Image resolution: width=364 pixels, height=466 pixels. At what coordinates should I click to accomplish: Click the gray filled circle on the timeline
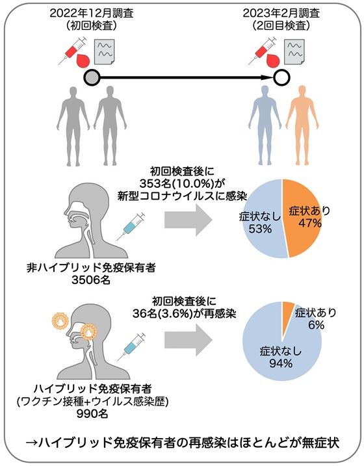coord(91,78)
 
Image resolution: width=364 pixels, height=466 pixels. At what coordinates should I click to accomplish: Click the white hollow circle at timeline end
coord(281,78)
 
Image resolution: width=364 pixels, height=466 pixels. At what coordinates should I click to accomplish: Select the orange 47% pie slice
coord(302,218)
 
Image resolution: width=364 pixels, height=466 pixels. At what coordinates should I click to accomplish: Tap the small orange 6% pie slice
coord(287,317)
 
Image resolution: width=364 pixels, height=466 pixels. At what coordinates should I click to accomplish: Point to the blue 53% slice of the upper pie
coord(261,218)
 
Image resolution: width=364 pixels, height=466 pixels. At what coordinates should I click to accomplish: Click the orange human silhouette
coord(302,125)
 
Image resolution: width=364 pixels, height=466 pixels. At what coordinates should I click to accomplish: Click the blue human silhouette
coord(265,125)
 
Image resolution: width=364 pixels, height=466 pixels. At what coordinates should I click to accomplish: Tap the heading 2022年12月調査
coord(92,13)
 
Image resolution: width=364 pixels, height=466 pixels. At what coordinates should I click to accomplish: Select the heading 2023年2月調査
coord(281,13)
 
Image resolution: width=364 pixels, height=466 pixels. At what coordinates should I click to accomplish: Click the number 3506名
coord(90,280)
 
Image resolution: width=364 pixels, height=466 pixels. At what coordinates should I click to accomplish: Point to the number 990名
coord(92,413)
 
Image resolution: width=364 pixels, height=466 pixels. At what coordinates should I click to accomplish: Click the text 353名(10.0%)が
coord(181,184)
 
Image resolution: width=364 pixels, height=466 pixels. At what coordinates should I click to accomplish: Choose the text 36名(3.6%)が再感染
coord(184,314)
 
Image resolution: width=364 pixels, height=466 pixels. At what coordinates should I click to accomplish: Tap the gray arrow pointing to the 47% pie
coord(188,220)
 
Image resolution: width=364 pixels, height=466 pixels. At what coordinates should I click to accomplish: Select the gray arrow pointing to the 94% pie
coord(188,340)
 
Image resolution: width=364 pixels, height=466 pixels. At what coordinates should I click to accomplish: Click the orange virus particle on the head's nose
coord(89,331)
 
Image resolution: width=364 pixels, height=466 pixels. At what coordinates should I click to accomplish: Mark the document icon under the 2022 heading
coord(104,52)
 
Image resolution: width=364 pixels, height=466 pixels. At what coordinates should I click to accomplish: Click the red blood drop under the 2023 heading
coord(273,60)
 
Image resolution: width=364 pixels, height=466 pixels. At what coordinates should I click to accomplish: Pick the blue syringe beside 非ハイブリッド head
coord(131,226)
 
